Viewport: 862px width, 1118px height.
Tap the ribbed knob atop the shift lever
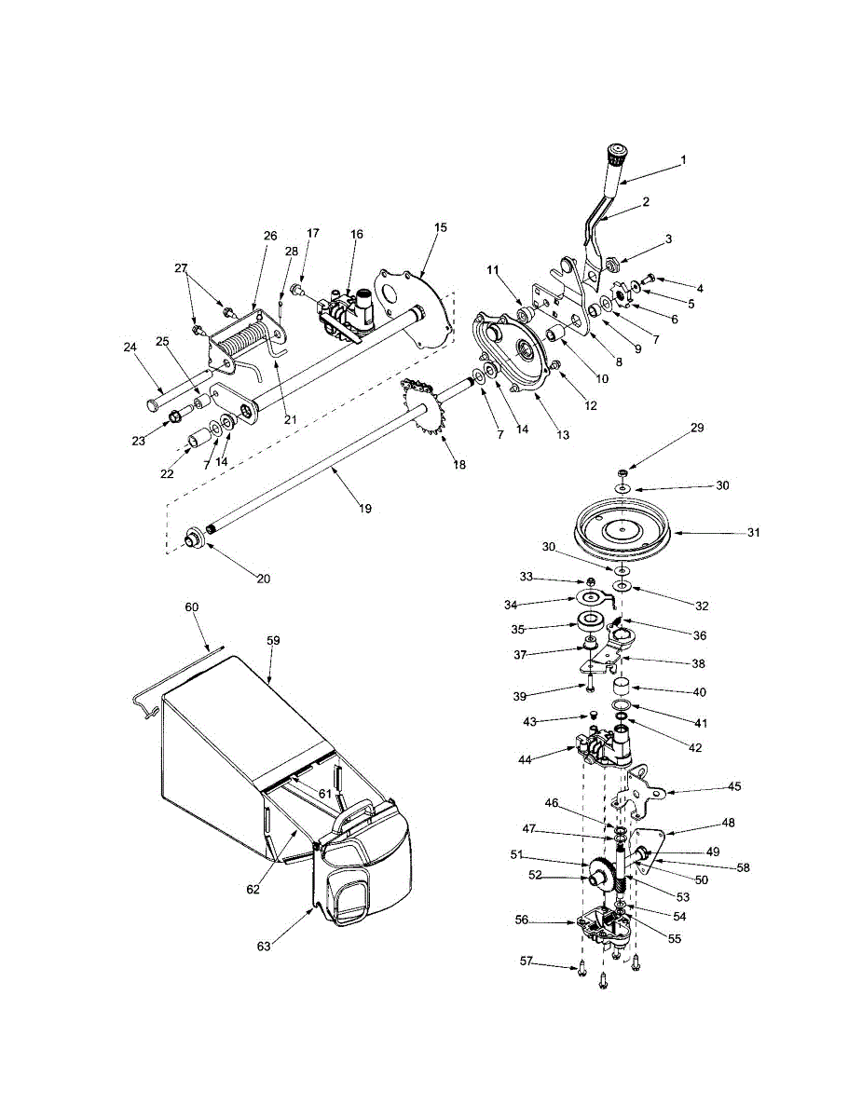(x=617, y=155)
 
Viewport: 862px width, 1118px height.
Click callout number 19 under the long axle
(x=364, y=509)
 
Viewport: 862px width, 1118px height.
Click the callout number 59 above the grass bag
(x=274, y=641)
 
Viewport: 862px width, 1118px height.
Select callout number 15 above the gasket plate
(x=441, y=227)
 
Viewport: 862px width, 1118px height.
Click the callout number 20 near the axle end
(x=264, y=579)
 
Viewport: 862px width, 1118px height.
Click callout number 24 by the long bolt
(x=130, y=348)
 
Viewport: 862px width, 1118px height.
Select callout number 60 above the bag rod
(x=192, y=607)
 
